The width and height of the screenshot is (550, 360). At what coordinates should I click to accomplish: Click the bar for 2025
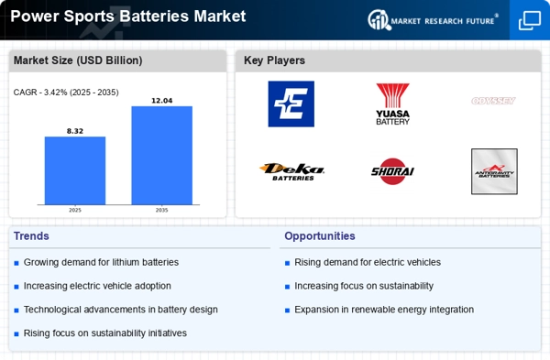(x=75, y=170)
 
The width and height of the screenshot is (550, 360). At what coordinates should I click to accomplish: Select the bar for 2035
(x=161, y=156)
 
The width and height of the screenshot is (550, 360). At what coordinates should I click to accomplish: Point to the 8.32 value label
(x=75, y=131)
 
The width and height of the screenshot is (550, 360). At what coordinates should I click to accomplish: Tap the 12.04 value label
(x=161, y=100)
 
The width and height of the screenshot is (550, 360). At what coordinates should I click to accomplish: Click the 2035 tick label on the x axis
(x=161, y=210)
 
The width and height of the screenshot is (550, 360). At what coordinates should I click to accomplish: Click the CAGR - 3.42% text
(x=66, y=93)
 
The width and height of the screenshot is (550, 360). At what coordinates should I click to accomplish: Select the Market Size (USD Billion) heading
(x=78, y=60)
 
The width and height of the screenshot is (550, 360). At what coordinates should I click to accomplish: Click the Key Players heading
(x=274, y=60)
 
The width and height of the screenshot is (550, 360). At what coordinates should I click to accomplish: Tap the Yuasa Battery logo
(x=393, y=104)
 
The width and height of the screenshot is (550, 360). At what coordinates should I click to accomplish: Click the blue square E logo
(x=291, y=104)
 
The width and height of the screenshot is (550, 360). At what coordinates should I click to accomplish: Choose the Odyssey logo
(x=494, y=101)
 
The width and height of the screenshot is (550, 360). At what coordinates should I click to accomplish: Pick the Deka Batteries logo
(x=291, y=171)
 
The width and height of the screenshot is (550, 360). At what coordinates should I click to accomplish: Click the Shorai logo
(x=393, y=171)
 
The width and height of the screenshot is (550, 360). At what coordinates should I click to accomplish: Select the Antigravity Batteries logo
(x=494, y=171)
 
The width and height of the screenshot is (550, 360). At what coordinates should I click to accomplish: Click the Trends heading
(x=31, y=235)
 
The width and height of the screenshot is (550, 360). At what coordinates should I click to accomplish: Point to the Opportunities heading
(x=319, y=235)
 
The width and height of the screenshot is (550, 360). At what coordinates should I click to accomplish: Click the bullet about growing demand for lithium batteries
(x=101, y=262)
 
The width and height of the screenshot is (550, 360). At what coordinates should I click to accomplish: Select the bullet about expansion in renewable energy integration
(x=383, y=310)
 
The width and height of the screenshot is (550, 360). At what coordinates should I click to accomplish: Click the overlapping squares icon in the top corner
(x=530, y=19)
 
